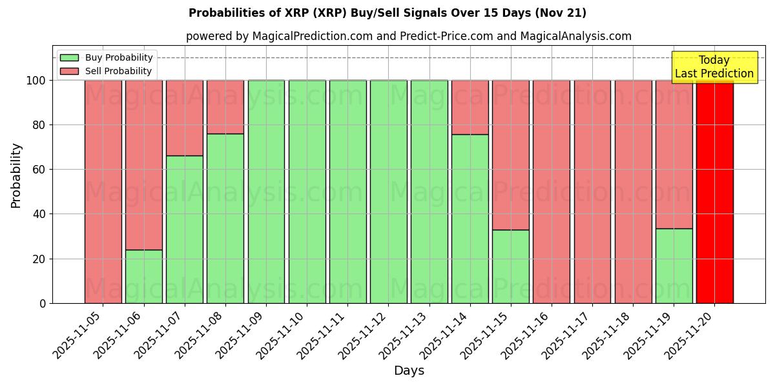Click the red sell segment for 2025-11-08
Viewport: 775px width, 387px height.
click(x=225, y=107)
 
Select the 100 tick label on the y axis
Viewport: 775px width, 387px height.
click(x=36, y=81)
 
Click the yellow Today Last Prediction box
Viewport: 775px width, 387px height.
click(x=714, y=67)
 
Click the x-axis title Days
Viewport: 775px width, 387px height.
click(x=409, y=371)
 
